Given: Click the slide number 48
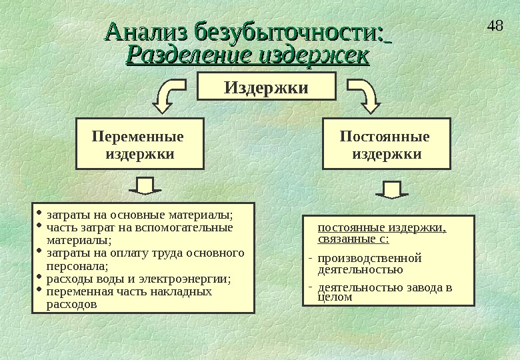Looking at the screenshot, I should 495,27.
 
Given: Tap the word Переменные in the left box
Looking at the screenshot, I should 137,137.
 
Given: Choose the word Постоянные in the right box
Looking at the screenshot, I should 385,137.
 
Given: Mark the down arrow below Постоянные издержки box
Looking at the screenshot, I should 392,189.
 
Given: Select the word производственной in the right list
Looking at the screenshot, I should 370,258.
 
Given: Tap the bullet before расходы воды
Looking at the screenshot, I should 39,277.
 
